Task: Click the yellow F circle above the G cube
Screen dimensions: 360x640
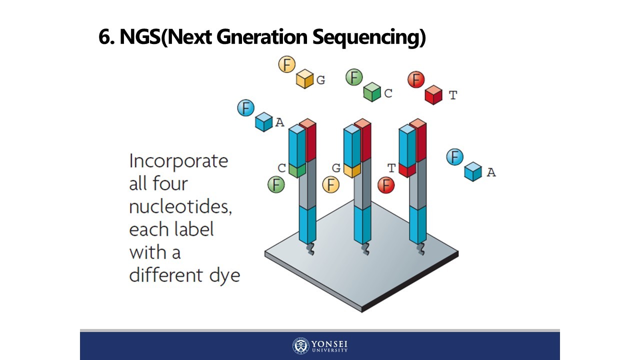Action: pos(287,64)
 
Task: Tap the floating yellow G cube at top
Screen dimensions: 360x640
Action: pos(304,79)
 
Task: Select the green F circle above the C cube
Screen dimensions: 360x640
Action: pos(354,77)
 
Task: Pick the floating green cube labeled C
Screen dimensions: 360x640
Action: pos(372,92)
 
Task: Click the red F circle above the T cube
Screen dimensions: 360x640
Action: pos(416,79)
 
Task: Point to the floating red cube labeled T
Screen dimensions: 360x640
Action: pos(433,94)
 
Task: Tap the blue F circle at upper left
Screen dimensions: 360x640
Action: pos(245,108)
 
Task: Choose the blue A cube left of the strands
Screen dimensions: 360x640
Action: pos(263,122)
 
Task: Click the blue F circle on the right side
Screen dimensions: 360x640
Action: pos(454,157)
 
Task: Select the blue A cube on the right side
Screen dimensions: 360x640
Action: pos(472,171)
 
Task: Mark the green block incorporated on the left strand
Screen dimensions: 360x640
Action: pos(297,170)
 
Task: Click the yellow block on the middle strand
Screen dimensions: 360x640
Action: pos(352,170)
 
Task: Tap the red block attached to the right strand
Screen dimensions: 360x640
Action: pos(407,170)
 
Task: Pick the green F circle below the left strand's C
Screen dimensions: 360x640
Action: pos(275,184)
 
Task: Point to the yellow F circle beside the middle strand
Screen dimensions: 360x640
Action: pos(330,185)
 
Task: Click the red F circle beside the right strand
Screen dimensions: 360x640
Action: pos(385,185)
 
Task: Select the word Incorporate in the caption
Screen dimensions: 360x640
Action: pos(178,161)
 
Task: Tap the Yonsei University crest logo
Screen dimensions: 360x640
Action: pos(301,345)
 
